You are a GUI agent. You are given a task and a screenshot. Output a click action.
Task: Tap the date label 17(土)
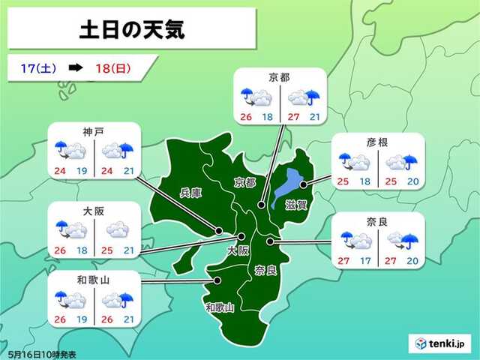click(x=34, y=68)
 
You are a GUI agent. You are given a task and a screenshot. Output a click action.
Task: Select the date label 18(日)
click(x=112, y=68)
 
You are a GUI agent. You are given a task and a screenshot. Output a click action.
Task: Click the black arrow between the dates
click(x=75, y=68)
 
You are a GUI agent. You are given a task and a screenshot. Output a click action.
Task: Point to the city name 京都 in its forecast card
click(x=279, y=76)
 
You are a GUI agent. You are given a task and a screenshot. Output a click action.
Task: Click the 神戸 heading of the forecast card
click(x=94, y=130)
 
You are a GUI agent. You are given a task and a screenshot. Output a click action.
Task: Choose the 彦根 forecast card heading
click(x=375, y=142)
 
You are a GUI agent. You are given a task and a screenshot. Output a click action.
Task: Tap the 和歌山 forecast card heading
click(x=94, y=278)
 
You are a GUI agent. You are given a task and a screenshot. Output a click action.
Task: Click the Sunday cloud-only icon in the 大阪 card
click(x=118, y=228)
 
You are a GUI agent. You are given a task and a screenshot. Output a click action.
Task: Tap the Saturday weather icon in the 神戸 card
click(x=70, y=150)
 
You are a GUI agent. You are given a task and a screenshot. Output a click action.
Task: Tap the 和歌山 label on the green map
click(x=220, y=307)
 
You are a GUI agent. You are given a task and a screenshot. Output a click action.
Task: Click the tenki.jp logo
click(x=442, y=343)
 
